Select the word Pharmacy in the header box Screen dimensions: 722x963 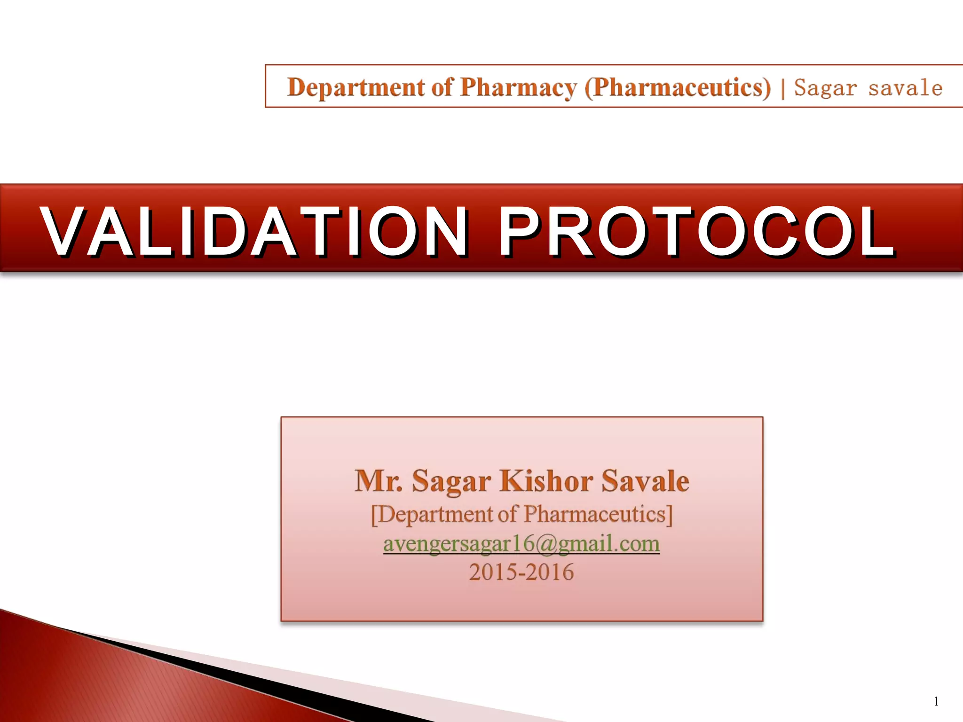[518, 87]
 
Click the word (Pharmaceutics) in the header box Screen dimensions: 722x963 [678, 87]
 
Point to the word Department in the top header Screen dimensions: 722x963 [356, 87]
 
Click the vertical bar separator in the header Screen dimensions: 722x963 [783, 88]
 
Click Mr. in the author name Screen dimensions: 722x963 [379, 481]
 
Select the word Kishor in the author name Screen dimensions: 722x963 [546, 481]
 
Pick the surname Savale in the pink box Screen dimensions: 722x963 [645, 481]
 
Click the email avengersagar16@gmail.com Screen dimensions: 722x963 [521, 544]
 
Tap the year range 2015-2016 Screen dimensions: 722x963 [521, 572]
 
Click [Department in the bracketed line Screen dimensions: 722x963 [431, 514]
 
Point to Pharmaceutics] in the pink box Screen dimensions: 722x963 [598, 514]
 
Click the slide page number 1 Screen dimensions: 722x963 [936, 701]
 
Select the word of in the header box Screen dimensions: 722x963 [442, 87]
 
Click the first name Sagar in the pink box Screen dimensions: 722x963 [451, 481]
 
